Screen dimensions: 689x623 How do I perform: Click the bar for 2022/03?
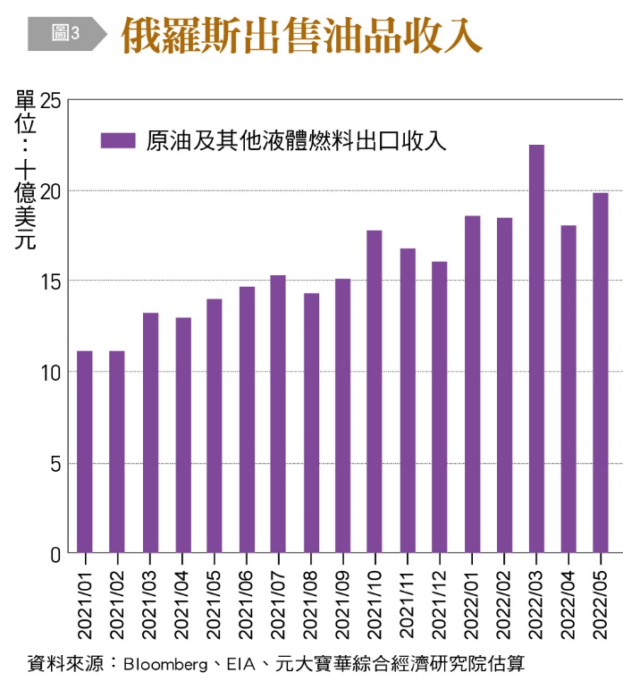click(536, 349)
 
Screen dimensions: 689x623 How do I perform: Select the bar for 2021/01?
click(85, 451)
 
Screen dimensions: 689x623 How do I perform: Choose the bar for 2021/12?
click(439, 407)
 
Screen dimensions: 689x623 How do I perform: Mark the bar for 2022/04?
click(568, 389)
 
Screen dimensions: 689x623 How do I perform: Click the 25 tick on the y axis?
click(50, 100)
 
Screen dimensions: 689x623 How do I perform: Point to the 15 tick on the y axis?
click(50, 281)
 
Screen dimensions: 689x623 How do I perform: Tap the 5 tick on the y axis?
click(55, 463)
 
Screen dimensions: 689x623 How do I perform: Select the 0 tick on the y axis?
click(55, 554)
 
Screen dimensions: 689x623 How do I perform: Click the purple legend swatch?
click(118, 140)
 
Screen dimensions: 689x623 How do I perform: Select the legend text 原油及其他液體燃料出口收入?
click(295, 140)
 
